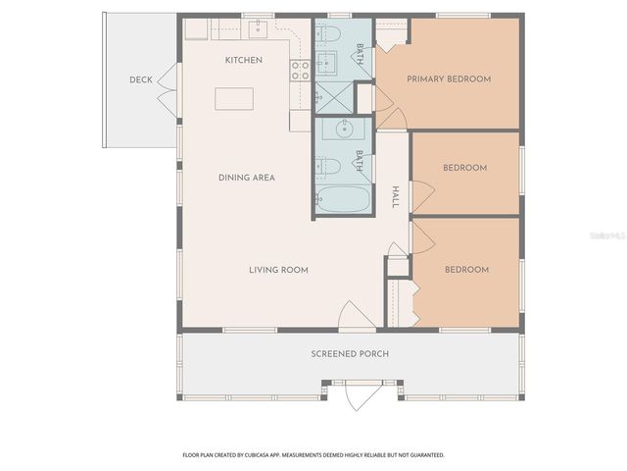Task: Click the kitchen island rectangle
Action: click(234, 99)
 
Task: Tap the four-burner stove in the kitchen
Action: click(301, 70)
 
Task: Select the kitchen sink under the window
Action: click(257, 28)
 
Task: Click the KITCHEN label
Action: click(244, 60)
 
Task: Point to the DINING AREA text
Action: click(246, 178)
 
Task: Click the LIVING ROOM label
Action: click(279, 270)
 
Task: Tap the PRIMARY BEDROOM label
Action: click(449, 78)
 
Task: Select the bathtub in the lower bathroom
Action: click(343, 200)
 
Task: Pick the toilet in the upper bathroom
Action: click(331, 35)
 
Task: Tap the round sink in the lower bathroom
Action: click(344, 130)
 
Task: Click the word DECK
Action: click(141, 79)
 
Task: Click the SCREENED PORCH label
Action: click(350, 353)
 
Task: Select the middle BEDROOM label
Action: click(464, 168)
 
